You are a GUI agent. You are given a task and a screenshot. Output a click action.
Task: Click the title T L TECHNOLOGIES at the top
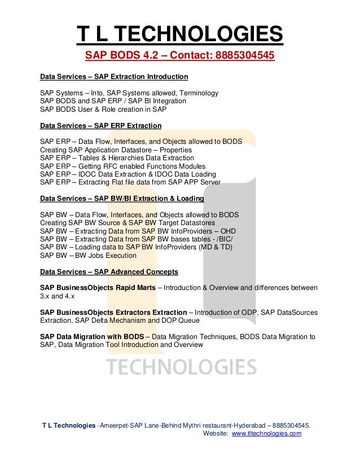179,35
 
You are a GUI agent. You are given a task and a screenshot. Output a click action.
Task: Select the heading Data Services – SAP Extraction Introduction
114,76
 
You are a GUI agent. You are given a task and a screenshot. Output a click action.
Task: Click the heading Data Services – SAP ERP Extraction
100,125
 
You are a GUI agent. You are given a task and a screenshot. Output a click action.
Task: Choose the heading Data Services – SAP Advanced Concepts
109,271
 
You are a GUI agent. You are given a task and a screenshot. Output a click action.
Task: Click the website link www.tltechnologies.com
266,433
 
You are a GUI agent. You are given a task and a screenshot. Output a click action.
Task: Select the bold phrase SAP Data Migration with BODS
92,337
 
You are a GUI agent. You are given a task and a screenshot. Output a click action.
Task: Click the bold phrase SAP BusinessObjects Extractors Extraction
113,312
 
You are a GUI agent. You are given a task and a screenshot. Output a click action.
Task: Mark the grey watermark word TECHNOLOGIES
181,367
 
